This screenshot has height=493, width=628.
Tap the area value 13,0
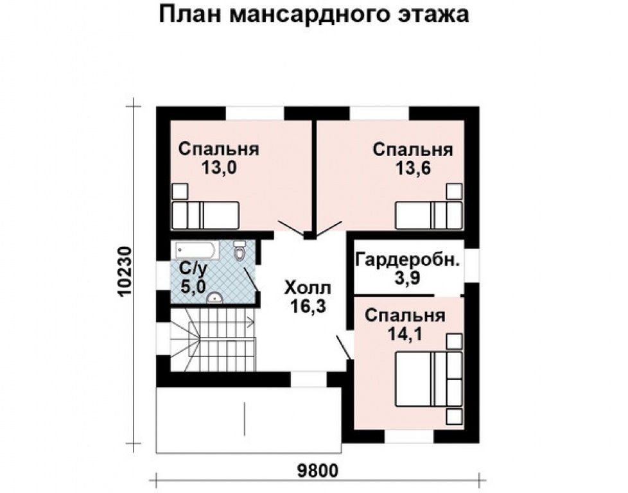pyautogui.click(x=218, y=169)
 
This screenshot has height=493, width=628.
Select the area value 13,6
pyautogui.click(x=413, y=169)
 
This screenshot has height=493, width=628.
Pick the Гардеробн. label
pyautogui.click(x=407, y=260)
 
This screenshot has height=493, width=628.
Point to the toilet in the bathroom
pyautogui.click(x=240, y=252)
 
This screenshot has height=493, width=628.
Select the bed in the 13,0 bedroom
pyautogui.click(x=205, y=214)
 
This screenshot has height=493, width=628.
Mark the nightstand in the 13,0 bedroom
pyautogui.click(x=179, y=191)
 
